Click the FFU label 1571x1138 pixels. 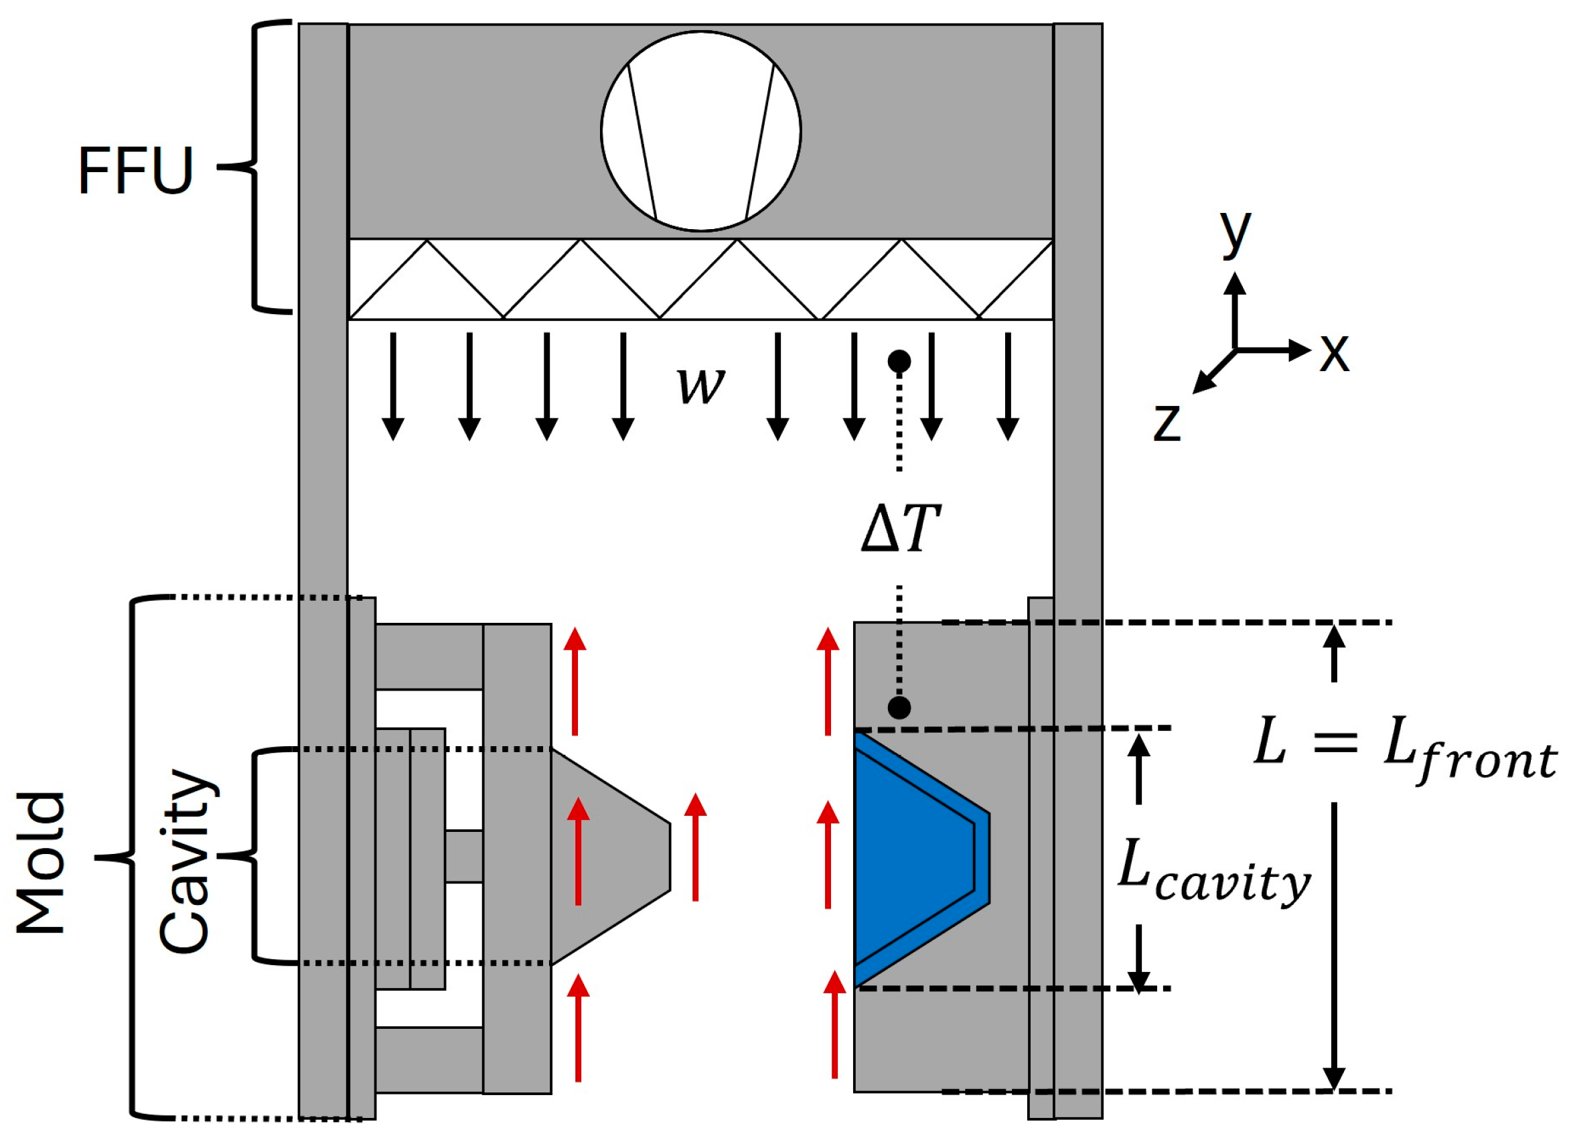coord(136,169)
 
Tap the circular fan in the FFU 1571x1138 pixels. coord(701,131)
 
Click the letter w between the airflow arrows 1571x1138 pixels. coord(701,385)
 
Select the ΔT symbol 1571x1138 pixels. coord(901,528)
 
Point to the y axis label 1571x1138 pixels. coord(1235,231)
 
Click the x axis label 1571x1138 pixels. coord(1335,352)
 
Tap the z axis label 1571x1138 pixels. coord(1167,422)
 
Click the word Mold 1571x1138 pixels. coord(40,862)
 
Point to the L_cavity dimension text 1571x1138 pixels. coord(1214,873)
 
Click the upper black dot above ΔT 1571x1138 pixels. coord(899,361)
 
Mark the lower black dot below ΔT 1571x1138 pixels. coord(899,707)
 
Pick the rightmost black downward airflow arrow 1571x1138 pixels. coord(1008,386)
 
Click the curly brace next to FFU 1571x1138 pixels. coord(254,166)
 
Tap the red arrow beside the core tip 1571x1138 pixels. coord(696,847)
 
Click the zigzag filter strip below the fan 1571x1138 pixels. coord(701,279)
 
